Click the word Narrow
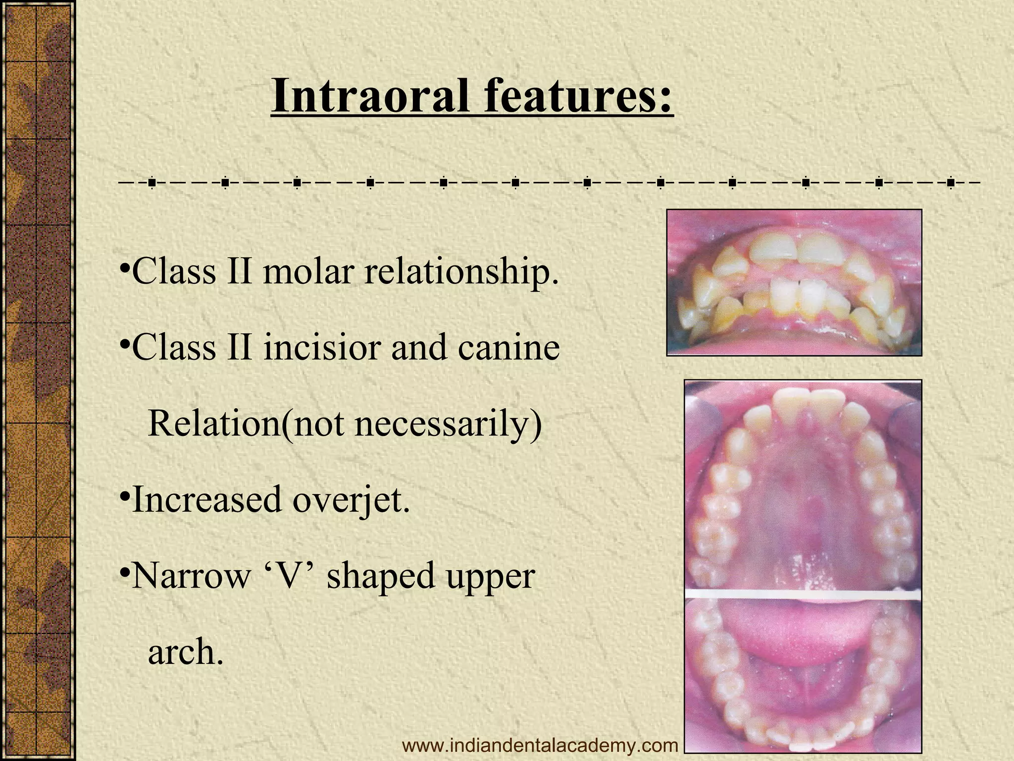tap(191, 576)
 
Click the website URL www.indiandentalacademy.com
tap(540, 745)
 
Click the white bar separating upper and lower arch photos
tap(803, 594)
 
